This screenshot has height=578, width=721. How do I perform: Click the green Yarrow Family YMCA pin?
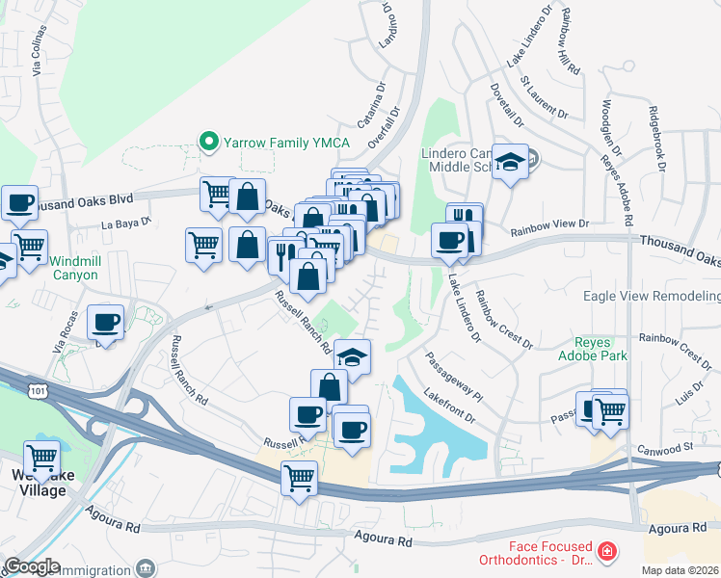(207, 143)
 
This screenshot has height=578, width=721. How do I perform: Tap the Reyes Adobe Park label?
(601, 349)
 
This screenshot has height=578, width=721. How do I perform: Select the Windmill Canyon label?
(73, 268)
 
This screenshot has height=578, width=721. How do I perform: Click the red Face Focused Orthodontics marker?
(607, 552)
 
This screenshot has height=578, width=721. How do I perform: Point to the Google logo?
(32, 566)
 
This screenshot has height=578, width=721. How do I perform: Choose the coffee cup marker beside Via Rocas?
(105, 322)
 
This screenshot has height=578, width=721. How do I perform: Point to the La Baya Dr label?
(127, 223)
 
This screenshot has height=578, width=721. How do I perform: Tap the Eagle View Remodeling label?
(652, 296)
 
